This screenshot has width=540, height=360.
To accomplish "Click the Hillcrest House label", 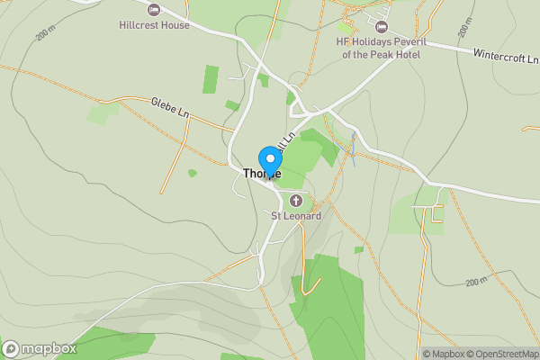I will pyautogui.click(x=155, y=25).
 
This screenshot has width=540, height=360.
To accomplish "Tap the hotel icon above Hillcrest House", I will pyautogui.click(x=154, y=10).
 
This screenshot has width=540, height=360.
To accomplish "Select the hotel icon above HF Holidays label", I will pyautogui.click(x=382, y=27).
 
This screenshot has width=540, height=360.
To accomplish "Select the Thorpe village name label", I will pyautogui.click(x=262, y=173).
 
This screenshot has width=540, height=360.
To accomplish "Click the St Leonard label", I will pyautogui.click(x=296, y=216).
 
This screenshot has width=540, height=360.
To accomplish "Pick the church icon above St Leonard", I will pyautogui.click(x=296, y=200).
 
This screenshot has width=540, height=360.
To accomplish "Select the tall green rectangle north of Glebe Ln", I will pyautogui.click(x=211, y=79).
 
